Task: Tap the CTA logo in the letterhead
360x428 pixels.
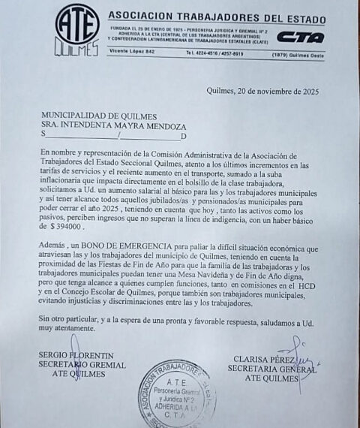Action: coord(301,37)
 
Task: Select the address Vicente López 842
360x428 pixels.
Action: coord(132,50)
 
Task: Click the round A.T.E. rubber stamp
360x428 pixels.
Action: coord(177,395)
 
